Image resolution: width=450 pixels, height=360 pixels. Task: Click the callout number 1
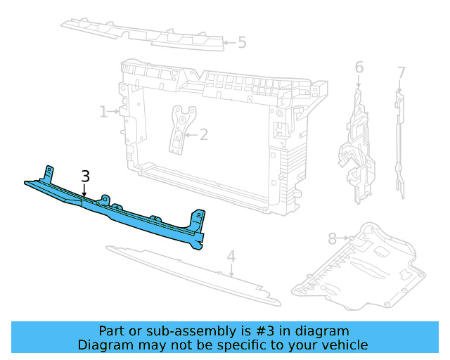click(103, 112)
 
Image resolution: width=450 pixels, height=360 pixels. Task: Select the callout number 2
click(204, 134)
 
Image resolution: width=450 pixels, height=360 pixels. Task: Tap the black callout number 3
click(85, 176)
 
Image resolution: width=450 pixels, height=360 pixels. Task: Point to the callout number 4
click(231, 257)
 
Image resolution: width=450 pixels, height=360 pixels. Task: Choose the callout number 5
click(242, 43)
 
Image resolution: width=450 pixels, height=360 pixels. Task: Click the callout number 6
click(359, 67)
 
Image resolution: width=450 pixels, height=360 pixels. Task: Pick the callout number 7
click(401, 72)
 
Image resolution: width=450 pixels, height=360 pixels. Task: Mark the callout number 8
click(332, 239)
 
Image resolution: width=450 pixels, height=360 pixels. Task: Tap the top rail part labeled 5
click(141, 31)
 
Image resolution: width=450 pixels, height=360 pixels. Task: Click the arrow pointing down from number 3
click(84, 191)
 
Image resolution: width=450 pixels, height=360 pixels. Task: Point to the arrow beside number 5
click(228, 43)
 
